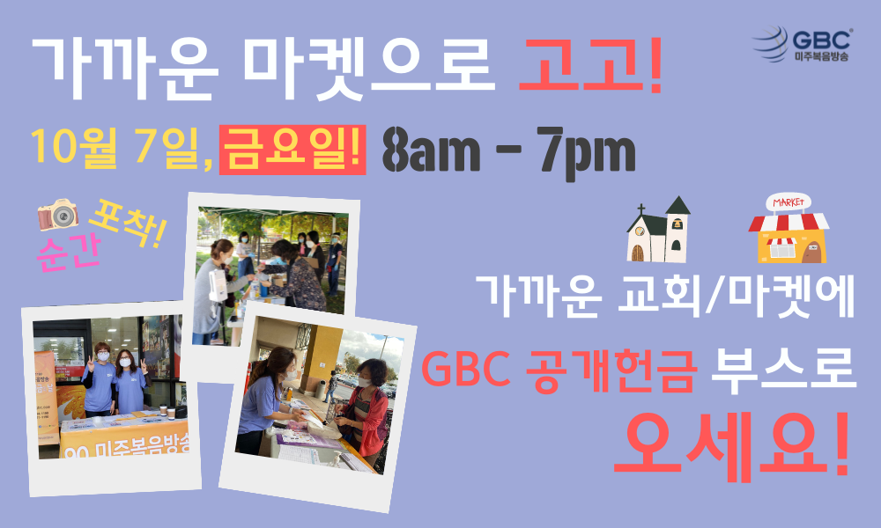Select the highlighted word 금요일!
click(292, 150)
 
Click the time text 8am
click(431, 150)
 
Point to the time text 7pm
click(586, 152)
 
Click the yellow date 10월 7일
click(117, 149)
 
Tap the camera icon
click(57, 215)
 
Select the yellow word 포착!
click(128, 224)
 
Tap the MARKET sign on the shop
click(788, 202)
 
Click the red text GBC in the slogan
click(466, 370)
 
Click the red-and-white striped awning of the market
click(788, 222)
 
